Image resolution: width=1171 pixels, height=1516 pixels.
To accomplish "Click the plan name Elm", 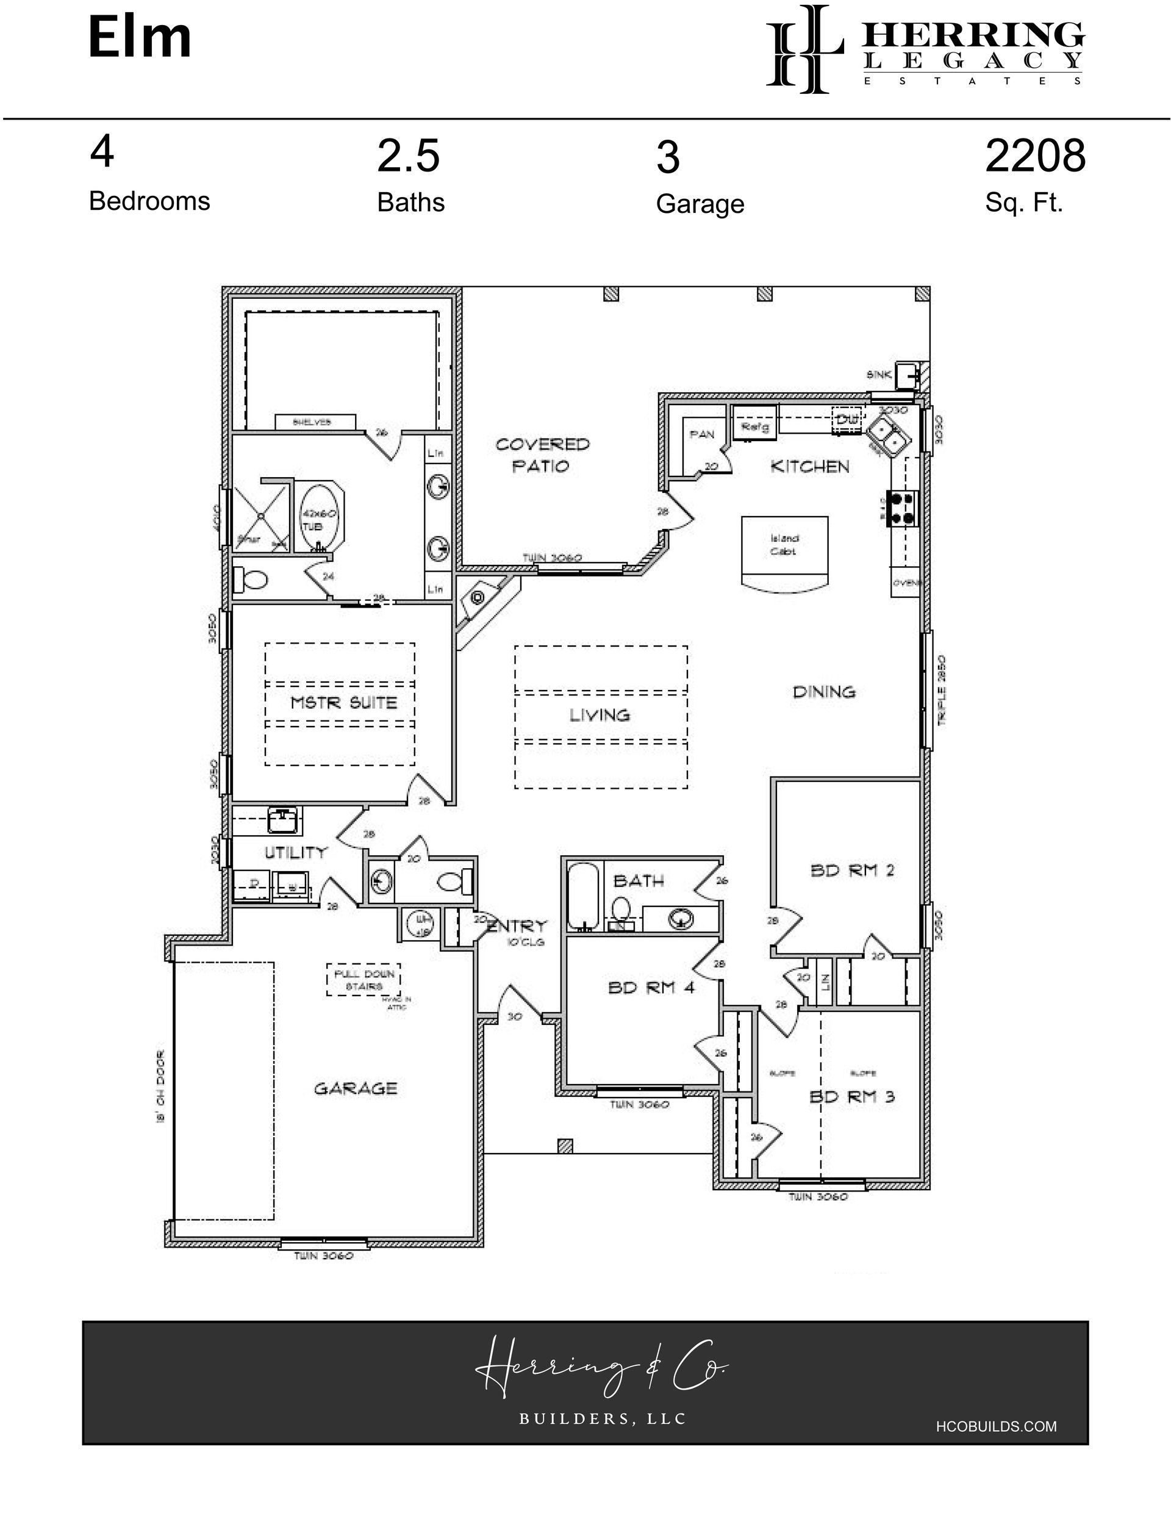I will (139, 38).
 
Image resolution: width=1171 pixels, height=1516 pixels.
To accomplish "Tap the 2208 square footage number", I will (1034, 156).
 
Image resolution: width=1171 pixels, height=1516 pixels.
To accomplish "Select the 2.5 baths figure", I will (408, 156).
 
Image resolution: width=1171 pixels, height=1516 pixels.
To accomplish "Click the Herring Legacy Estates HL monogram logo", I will (804, 49).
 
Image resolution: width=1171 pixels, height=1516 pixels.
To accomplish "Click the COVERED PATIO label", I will (542, 454).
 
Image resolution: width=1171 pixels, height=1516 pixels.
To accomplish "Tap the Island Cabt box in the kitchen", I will (784, 545).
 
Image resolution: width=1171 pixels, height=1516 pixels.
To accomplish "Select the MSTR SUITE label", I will (343, 702).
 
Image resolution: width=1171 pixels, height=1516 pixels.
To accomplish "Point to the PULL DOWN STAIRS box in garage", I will (363, 979).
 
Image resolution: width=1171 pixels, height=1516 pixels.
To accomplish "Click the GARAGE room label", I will (356, 1088).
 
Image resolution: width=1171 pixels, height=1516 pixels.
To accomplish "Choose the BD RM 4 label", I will (651, 987).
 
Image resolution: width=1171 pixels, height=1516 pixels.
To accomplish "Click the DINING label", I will (824, 691).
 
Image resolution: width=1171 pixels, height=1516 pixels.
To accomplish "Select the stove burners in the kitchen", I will (903, 508).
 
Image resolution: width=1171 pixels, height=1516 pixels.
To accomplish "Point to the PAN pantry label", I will (702, 434).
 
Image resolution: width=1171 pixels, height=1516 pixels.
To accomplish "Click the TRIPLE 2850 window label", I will (942, 690).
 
